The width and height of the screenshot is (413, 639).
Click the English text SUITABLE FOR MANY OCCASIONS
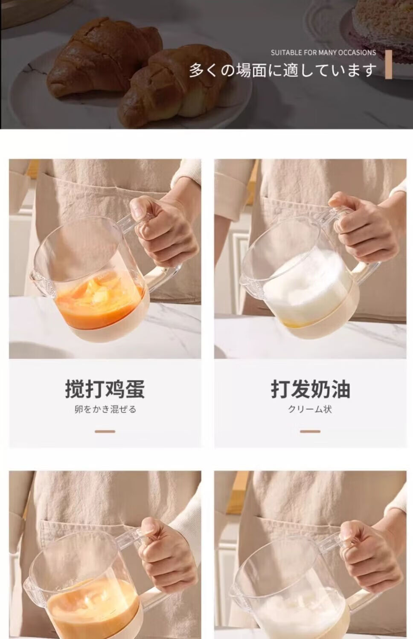[x=323, y=53]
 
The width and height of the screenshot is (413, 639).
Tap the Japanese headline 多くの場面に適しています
[x=283, y=70]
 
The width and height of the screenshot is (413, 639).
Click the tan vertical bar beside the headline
[x=388, y=64]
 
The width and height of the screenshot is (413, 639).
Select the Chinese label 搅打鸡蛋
[x=105, y=389]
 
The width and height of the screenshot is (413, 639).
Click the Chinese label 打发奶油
[x=310, y=389]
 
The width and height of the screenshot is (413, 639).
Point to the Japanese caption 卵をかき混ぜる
[x=105, y=410]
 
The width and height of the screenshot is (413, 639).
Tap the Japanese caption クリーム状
[x=310, y=410]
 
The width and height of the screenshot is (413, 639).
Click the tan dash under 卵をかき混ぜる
[x=105, y=432]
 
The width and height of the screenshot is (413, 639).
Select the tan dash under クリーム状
[x=310, y=432]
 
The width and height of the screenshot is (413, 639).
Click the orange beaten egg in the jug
[x=99, y=302]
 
